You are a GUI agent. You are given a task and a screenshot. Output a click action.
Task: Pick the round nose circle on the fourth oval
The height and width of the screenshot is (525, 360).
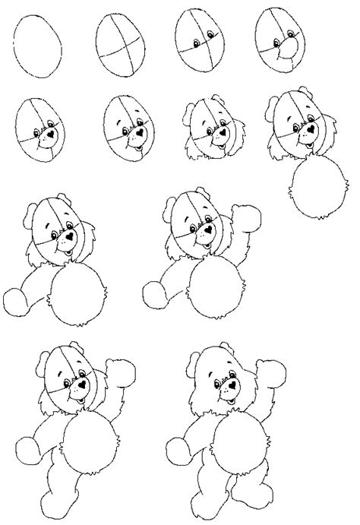[288, 52]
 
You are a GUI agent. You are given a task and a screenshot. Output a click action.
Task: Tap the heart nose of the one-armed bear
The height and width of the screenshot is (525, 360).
[69, 236]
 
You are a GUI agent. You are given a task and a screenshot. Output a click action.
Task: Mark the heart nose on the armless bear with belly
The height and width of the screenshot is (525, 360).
[311, 128]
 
